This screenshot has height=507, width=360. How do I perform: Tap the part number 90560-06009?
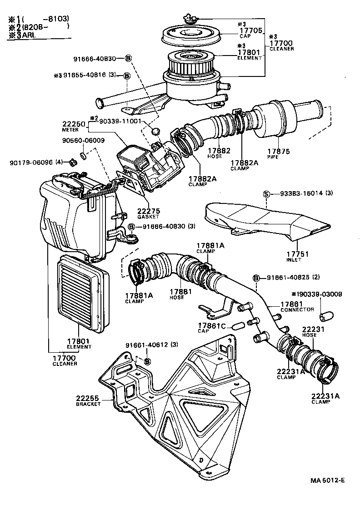coord(82,141)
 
